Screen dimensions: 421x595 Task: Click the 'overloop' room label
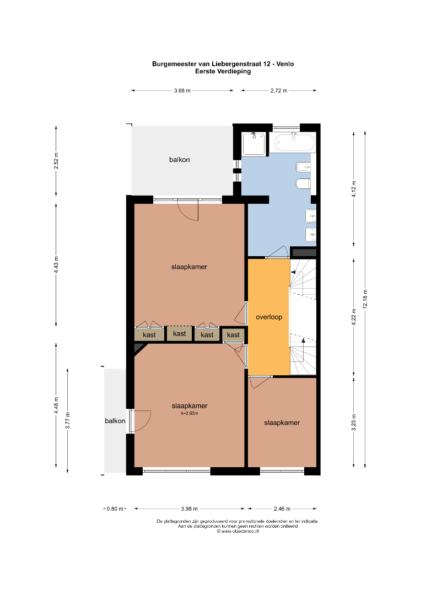tap(269, 317)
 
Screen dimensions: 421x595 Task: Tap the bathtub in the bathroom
tap(294, 143)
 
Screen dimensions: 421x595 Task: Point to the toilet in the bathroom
tap(303, 183)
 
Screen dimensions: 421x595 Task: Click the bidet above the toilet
tap(303, 167)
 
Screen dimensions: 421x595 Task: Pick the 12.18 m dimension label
tap(365, 299)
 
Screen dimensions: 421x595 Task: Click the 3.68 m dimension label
tap(182, 91)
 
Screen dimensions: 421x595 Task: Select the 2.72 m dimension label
tap(279, 91)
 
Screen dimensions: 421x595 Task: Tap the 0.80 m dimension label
tap(115, 509)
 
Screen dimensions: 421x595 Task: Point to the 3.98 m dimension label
tap(189, 509)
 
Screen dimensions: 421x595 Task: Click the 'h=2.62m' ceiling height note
tap(190, 413)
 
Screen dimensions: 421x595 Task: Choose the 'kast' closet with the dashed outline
tap(180, 333)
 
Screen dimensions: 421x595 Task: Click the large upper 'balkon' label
tap(180, 160)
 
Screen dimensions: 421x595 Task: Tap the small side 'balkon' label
tap(115, 421)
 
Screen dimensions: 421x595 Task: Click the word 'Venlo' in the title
tap(285, 64)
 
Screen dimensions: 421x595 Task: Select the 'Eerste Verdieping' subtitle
tap(223, 71)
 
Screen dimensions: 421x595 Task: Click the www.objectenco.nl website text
tap(238, 532)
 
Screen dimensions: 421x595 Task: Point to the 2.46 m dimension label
tap(282, 509)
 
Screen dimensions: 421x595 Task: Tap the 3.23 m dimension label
tap(354, 423)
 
